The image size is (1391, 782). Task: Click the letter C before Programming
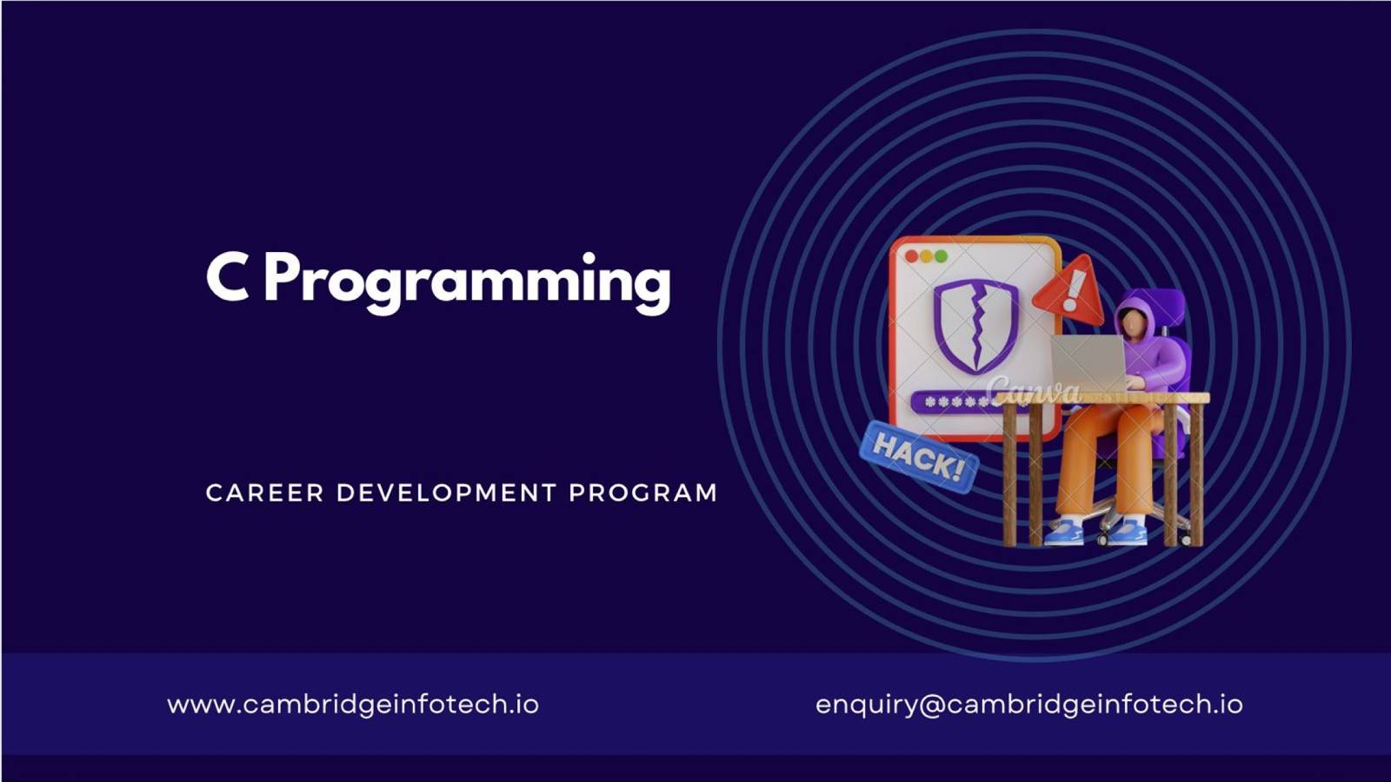(x=227, y=277)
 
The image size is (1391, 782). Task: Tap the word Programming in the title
(x=468, y=283)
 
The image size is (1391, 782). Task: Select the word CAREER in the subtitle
(x=264, y=493)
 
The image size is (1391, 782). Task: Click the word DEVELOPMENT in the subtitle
(x=446, y=493)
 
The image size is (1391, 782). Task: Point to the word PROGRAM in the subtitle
(x=643, y=493)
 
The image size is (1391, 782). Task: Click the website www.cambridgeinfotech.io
(x=353, y=705)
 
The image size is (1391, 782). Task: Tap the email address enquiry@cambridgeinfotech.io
(x=1029, y=705)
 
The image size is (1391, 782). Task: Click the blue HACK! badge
(x=919, y=457)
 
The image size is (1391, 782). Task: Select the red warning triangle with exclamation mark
(x=1069, y=290)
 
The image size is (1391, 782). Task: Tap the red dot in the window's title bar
(x=912, y=256)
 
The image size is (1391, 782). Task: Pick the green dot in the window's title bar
(x=941, y=256)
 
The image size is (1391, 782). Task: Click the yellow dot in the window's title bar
(x=927, y=256)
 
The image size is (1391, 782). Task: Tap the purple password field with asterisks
(x=956, y=402)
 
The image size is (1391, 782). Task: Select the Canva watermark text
(x=1034, y=390)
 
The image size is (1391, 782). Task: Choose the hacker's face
(x=1132, y=322)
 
